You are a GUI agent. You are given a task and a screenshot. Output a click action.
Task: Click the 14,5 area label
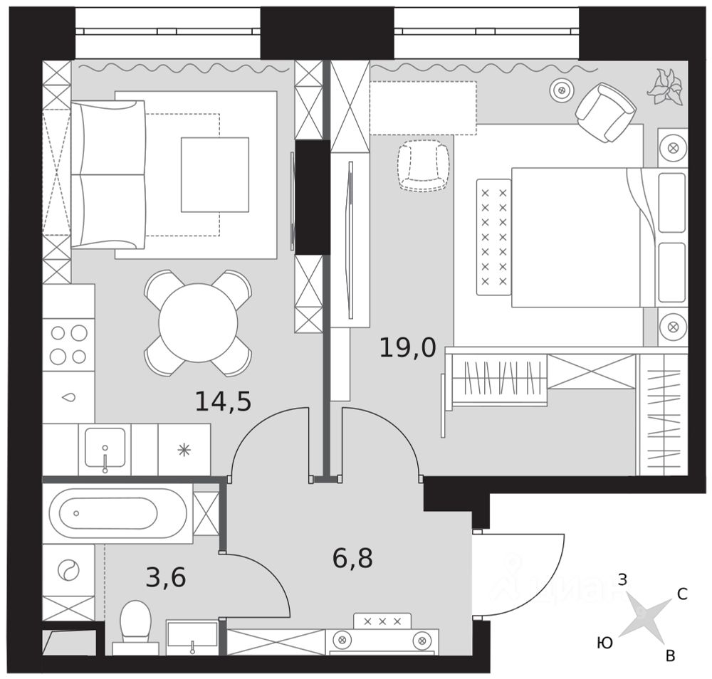(x=223, y=402)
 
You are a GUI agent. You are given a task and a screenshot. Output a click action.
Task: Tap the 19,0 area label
(x=407, y=348)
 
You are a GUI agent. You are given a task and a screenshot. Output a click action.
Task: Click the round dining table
(x=198, y=322)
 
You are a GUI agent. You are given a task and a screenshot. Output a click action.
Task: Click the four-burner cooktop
(x=68, y=344)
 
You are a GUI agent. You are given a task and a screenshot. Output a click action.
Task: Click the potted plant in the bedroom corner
(x=666, y=86)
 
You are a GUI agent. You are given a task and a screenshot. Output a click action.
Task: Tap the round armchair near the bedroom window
(x=605, y=111)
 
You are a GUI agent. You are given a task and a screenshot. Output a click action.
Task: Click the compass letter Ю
(x=604, y=643)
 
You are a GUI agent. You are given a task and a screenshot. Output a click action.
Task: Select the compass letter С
(x=681, y=595)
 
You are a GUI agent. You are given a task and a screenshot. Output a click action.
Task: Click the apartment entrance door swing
(x=518, y=573)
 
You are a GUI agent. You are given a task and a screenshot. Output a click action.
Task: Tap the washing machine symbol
(x=68, y=569)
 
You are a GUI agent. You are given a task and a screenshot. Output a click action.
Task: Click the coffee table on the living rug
(x=214, y=174)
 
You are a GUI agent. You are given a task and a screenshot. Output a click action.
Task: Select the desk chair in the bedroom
(x=424, y=165)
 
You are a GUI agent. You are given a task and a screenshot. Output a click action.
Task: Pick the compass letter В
(x=669, y=656)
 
